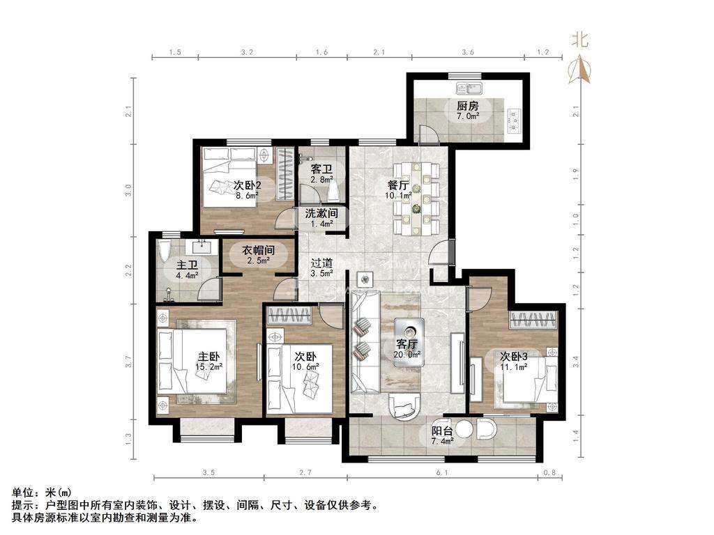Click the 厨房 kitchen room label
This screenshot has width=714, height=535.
click(468, 106)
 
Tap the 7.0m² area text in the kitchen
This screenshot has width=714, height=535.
click(468, 116)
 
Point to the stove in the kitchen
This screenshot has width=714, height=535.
click(515, 118)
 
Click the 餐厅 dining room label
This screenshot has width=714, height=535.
click(397, 185)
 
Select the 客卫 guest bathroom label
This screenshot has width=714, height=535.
click(321, 169)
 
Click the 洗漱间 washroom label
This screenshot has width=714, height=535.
click(321, 213)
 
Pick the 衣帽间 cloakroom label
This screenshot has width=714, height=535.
click(258, 250)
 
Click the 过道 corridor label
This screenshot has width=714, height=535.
click(321, 263)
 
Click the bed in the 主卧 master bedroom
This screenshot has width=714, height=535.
click(192, 362)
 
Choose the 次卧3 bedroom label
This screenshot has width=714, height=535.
click(514, 356)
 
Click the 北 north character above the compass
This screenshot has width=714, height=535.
click(579, 40)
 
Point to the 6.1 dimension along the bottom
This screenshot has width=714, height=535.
click(441, 473)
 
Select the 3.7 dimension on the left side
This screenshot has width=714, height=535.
click(129, 362)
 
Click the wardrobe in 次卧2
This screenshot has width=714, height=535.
click(285, 173)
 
